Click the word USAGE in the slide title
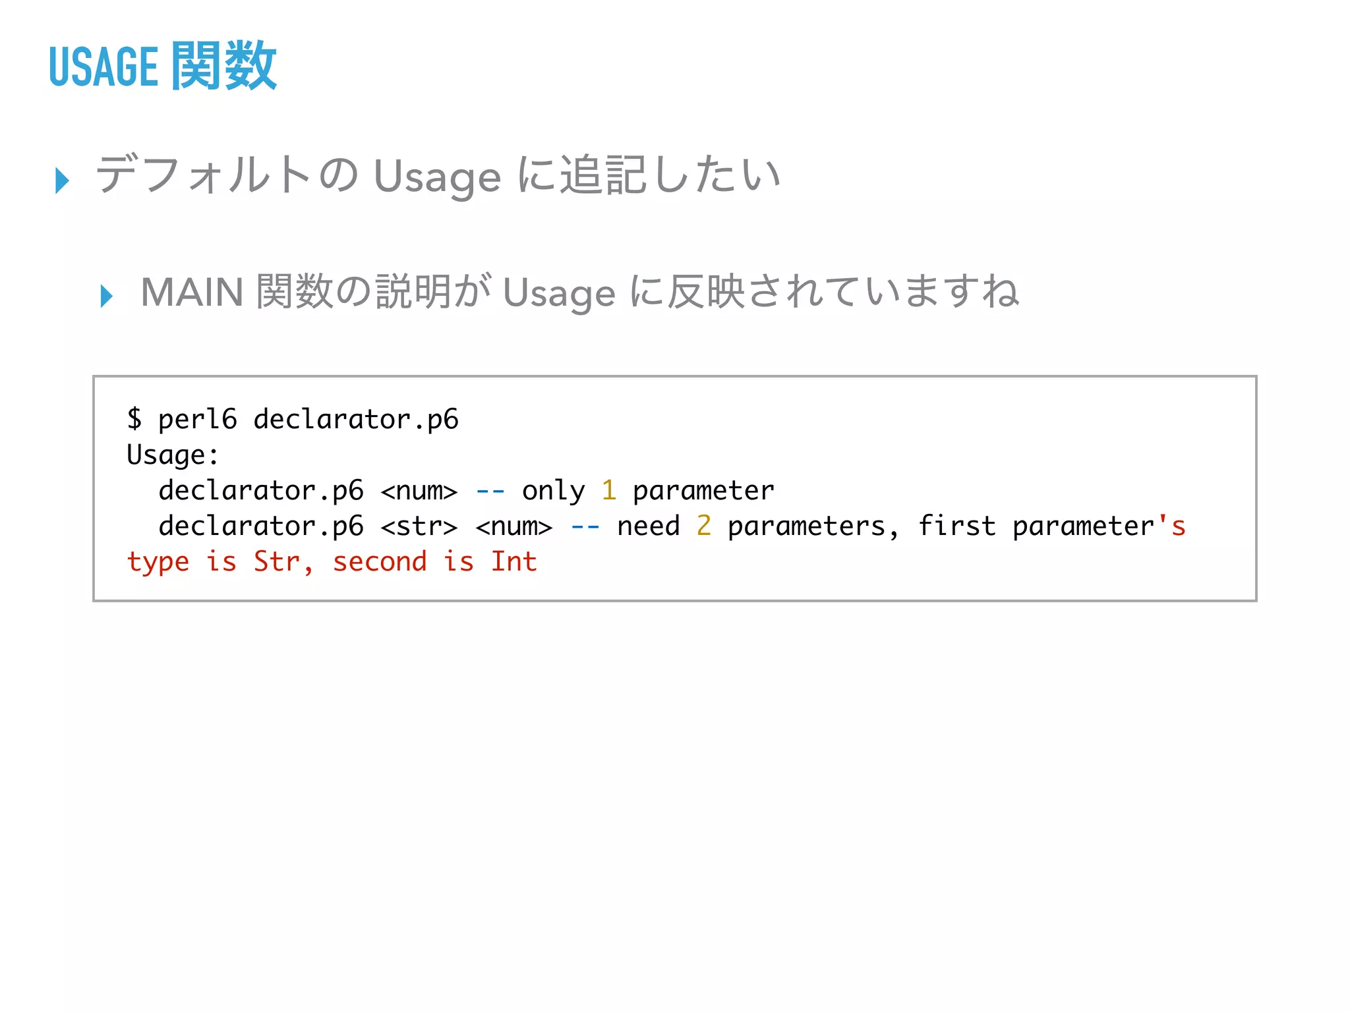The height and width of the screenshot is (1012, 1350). pos(103,67)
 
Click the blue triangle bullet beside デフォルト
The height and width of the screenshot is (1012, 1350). pos(63,180)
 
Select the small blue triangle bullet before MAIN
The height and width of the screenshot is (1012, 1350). pos(107,296)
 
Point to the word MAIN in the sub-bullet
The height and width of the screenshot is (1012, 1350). pos(192,293)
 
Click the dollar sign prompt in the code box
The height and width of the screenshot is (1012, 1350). pos(134,419)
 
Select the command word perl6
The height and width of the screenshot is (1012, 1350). pos(197,420)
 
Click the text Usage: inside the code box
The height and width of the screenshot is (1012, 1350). pos(173,455)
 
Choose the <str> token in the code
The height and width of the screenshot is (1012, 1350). pos(419,526)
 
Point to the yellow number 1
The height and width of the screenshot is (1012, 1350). pos(608,491)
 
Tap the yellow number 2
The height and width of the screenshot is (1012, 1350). pos(703,526)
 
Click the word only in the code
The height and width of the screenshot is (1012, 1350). pos(553,491)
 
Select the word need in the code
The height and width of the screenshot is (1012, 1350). pos(648,526)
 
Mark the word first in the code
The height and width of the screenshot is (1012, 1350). pos(956,526)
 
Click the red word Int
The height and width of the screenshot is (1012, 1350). pos(514,562)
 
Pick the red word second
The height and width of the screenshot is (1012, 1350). pos(379,562)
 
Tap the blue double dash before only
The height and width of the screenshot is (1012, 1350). pos(490,491)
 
